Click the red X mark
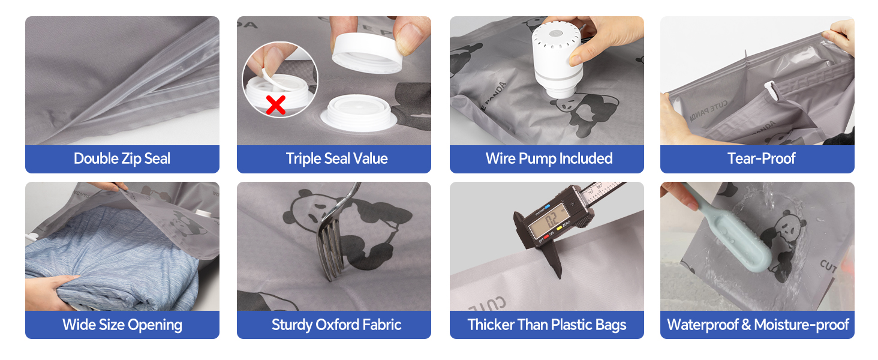click(x=275, y=105)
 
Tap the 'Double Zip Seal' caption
click(x=122, y=159)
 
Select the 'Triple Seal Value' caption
click(x=336, y=159)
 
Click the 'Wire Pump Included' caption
click(x=549, y=159)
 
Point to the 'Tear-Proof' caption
click(x=761, y=159)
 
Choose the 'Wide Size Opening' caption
click(x=122, y=325)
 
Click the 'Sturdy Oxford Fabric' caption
click(x=336, y=325)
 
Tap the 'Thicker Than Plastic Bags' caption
click(x=546, y=325)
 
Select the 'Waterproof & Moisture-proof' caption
click(x=757, y=325)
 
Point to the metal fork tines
click(x=330, y=255)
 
